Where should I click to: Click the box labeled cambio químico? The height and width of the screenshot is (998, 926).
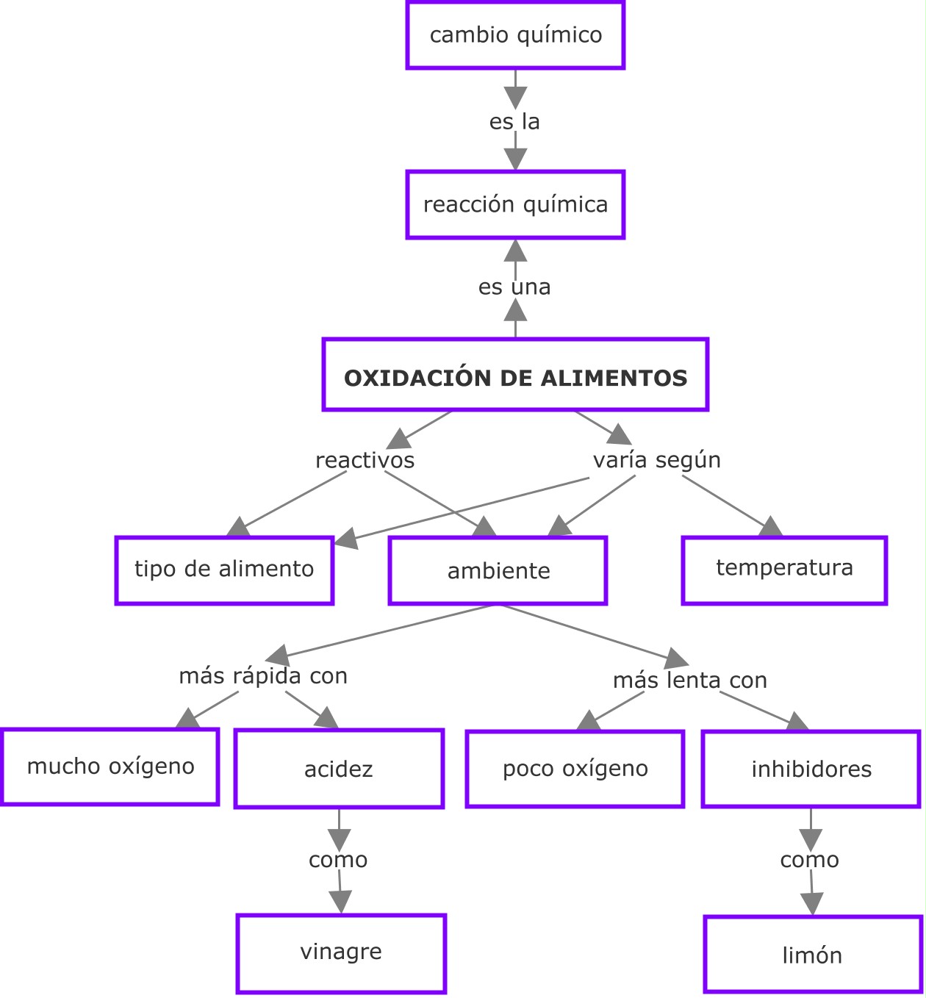[x=515, y=35]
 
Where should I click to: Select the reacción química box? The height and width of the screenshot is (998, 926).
[x=515, y=204]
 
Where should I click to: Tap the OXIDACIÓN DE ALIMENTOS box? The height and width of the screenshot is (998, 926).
[x=515, y=375]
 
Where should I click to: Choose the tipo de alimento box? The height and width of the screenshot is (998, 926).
[x=224, y=570]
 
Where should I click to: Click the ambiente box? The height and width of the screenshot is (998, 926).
[x=498, y=571]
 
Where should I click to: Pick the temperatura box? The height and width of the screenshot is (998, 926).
[x=784, y=570]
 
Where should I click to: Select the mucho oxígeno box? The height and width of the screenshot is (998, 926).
[x=110, y=767]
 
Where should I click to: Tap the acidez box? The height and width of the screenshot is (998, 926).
[x=339, y=769]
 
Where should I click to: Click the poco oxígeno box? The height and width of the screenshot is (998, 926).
[x=575, y=769]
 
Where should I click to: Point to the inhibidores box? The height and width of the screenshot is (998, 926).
[x=811, y=769]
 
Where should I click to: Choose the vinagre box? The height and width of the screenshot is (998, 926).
[x=341, y=953]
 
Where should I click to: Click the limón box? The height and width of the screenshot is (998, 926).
[x=813, y=954]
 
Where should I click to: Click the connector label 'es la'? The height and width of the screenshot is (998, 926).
[x=514, y=121]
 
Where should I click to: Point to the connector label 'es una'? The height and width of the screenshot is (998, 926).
[x=514, y=287]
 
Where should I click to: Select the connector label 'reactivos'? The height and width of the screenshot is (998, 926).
[x=365, y=461]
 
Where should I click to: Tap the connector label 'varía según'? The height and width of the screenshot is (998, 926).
[x=656, y=460]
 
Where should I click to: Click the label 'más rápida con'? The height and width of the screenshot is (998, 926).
[x=263, y=676]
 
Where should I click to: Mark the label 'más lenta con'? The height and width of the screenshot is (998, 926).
[x=690, y=681]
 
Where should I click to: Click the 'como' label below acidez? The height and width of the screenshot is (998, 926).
[x=338, y=860]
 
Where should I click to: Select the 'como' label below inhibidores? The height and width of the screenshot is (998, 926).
[x=809, y=860]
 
